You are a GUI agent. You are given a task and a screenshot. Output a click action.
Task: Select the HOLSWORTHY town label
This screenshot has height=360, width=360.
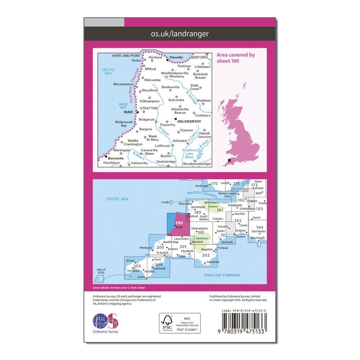tap(190, 122)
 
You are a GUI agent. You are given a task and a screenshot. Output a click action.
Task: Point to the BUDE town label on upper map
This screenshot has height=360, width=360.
tap(128, 112)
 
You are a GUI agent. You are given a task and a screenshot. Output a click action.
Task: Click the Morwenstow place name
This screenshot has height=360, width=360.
tap(123, 84)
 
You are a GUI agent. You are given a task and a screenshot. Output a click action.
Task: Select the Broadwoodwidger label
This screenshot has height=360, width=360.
tap(197, 164)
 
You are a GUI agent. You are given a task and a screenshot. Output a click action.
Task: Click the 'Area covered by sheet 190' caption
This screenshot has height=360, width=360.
tap(236, 58)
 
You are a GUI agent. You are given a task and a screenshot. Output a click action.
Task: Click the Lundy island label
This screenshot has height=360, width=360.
tap(165, 202)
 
